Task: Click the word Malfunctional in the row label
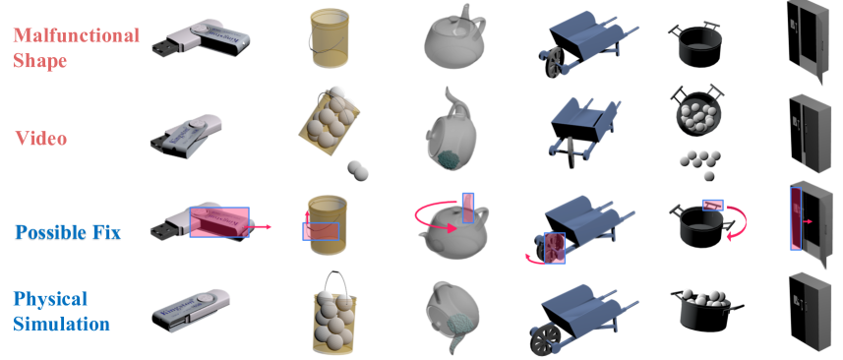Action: (x=77, y=35)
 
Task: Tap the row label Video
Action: (x=41, y=138)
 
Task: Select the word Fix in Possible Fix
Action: (x=105, y=232)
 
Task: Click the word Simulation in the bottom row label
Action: (x=62, y=324)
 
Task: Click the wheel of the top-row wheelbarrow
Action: (x=552, y=62)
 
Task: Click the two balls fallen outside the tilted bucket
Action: (x=358, y=170)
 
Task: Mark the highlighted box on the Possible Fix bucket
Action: (x=321, y=231)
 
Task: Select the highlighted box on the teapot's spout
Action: (x=468, y=208)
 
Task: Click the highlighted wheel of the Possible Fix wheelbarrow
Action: (x=555, y=248)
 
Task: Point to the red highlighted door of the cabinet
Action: (x=796, y=218)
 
